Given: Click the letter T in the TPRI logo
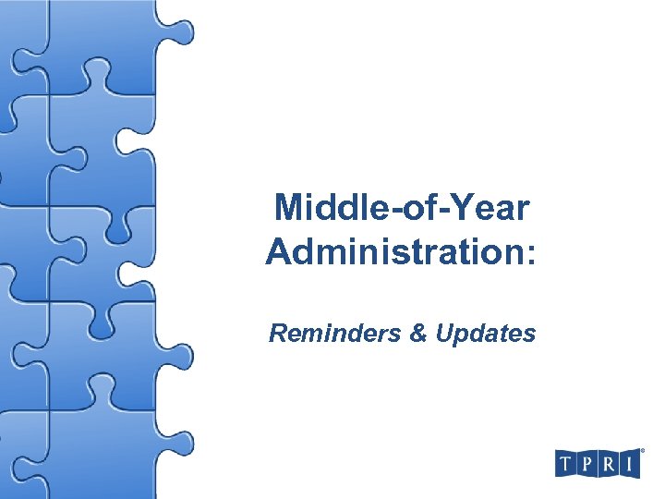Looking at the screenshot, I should tap(566, 463).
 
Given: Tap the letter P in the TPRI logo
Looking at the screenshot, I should tap(586, 463).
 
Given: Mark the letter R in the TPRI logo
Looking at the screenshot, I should tap(608, 463).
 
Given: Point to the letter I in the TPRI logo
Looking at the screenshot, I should tap(629, 463).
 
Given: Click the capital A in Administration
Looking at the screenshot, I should tap(278, 251).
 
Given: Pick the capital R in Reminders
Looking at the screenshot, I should tap(277, 334).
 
